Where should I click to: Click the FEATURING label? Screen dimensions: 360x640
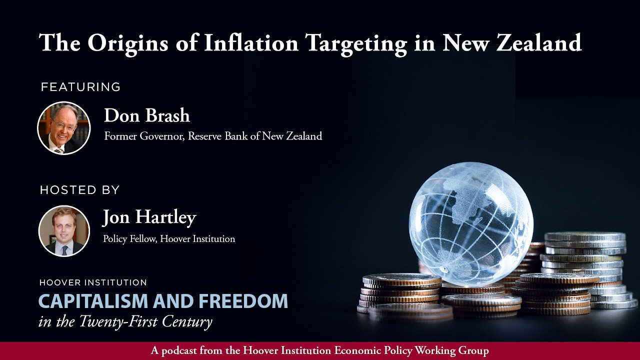(80, 87)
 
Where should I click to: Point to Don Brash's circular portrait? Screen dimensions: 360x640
(64, 128)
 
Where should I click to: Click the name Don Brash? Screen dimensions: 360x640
(146, 115)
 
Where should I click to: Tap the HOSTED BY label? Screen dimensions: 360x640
(79, 190)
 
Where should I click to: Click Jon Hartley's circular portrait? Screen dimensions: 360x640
(64, 231)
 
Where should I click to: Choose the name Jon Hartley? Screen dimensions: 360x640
(149, 217)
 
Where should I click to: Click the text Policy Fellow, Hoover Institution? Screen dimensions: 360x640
(168, 239)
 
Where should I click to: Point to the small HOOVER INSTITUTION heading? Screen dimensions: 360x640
(93, 283)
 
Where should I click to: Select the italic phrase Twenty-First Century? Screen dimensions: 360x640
(145, 321)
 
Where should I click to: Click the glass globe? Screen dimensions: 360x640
(470, 217)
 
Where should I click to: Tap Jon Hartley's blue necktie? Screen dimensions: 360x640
(64, 249)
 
